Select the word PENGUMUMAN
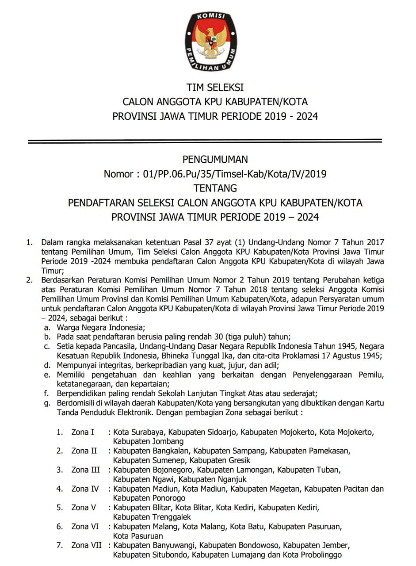click(215, 159)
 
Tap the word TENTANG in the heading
click(215, 188)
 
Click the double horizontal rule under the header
click(205, 141)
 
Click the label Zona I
click(83, 432)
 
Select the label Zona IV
click(85, 489)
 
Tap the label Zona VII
click(86, 545)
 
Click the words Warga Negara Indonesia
click(100, 328)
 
